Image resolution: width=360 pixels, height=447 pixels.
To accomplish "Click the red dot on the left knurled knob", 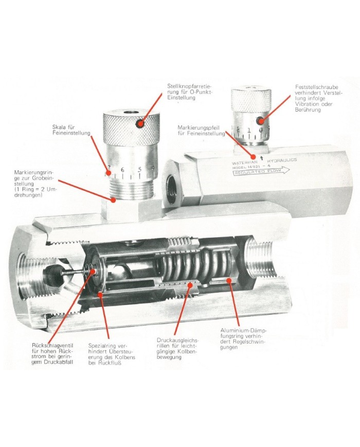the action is point(140,123).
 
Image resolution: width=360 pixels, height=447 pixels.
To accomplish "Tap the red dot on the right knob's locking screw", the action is point(260,120).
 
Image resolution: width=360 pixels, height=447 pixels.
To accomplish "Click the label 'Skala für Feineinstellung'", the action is point(71,130).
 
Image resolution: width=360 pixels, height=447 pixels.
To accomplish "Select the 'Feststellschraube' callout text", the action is point(319,98).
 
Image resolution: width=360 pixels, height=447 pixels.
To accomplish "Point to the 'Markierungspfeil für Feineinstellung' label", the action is point(201,130).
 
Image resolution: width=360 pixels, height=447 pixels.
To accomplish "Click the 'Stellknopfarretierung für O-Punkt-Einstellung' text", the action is point(190,92).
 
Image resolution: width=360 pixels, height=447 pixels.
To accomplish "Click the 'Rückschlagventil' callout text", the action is point(53,353).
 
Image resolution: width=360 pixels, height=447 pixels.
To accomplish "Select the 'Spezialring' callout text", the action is point(112,354).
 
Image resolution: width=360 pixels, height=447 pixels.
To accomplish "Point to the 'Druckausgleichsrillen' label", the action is point(177,348).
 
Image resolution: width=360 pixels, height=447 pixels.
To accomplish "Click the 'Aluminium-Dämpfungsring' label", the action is point(244,338).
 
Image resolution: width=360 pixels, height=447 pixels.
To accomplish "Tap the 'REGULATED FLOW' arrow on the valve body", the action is point(261,172).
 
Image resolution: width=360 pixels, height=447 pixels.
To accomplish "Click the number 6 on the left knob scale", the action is point(122,170).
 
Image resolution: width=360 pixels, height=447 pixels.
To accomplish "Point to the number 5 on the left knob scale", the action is point(140,170).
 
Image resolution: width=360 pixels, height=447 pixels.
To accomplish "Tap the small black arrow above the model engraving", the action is point(262,157).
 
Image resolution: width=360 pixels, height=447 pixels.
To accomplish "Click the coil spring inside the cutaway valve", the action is point(195,268).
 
